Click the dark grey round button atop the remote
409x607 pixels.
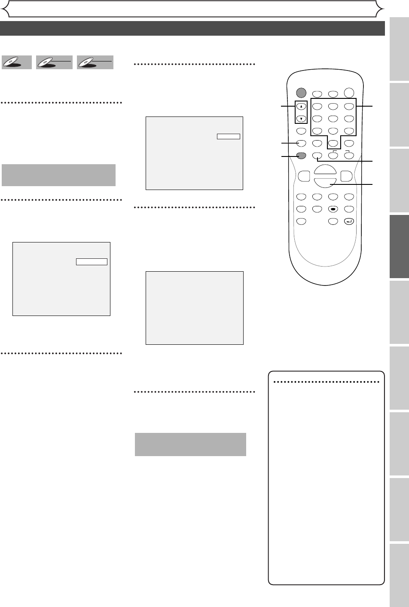301,92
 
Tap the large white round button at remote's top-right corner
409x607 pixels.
348,92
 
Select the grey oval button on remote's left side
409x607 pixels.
301,156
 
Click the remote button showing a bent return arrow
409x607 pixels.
348,222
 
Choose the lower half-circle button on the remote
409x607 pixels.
325,182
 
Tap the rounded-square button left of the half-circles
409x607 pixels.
303,176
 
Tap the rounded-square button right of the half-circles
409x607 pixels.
347,176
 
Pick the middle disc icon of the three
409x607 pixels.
54,63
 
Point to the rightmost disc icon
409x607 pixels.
95,63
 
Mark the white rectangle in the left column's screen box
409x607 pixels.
92,262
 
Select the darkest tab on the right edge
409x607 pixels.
400,247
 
